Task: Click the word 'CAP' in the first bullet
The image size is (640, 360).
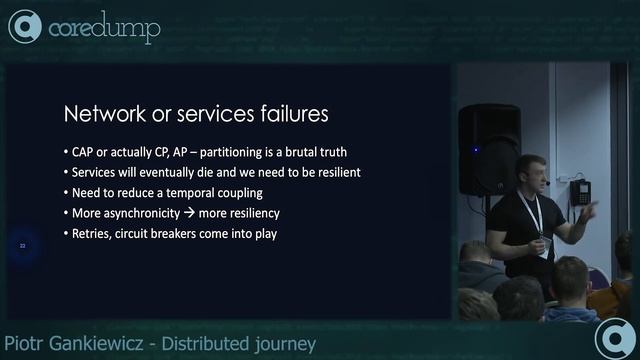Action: (84, 152)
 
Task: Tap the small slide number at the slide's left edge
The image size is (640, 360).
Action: (22, 243)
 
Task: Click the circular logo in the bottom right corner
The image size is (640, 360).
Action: (613, 338)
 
